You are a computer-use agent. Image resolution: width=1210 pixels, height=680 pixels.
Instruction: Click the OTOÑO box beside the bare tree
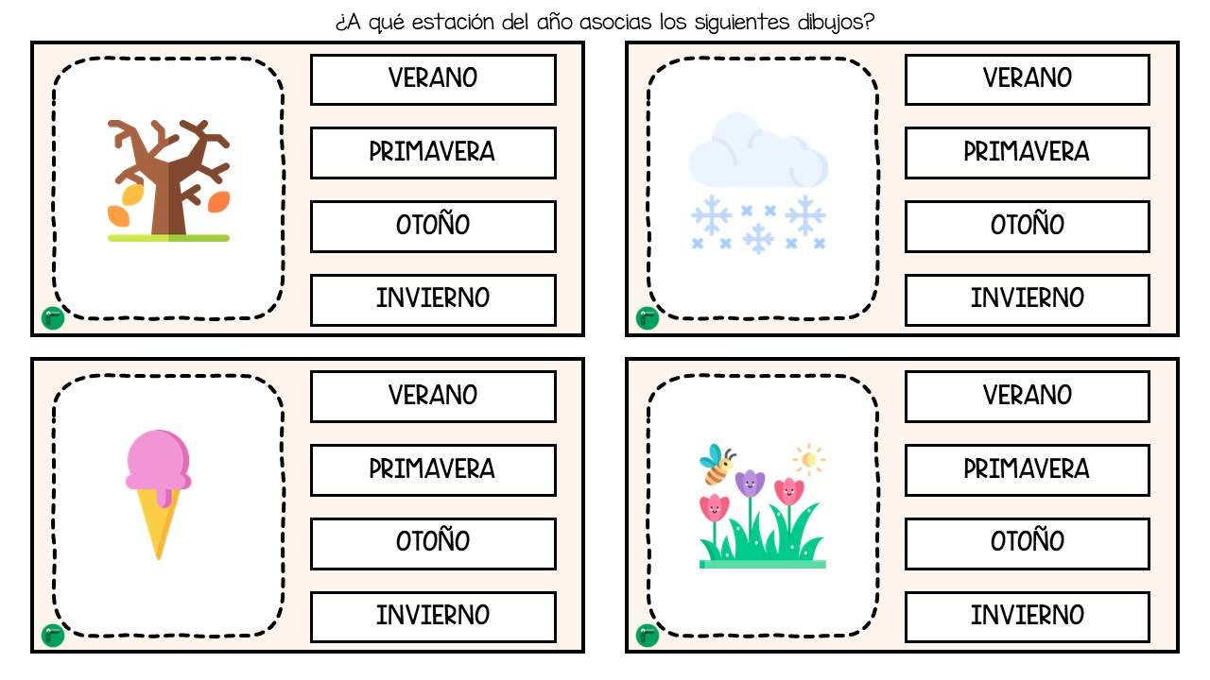pyautogui.click(x=433, y=226)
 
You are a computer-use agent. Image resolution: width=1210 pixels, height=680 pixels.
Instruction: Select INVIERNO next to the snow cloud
pyautogui.click(x=1028, y=299)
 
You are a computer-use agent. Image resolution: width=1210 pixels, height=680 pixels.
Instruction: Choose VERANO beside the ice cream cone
pyautogui.click(x=433, y=396)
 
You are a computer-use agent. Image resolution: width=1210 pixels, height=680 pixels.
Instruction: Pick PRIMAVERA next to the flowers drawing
pyautogui.click(x=1028, y=469)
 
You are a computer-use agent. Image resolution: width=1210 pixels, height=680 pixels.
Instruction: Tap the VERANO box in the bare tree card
pyautogui.click(x=433, y=79)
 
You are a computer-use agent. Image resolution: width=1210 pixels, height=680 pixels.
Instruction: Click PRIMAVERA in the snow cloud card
pyautogui.click(x=1028, y=153)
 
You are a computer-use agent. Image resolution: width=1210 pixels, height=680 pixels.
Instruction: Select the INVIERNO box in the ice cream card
pyautogui.click(x=433, y=617)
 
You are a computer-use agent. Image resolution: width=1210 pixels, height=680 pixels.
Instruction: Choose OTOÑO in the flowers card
pyautogui.click(x=1028, y=543)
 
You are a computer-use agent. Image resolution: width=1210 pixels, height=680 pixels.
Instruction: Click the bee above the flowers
pyautogui.click(x=717, y=464)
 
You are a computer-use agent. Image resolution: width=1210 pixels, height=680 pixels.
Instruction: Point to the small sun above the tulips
pyautogui.click(x=808, y=459)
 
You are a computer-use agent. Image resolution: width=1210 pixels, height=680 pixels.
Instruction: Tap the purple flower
pyautogui.click(x=751, y=483)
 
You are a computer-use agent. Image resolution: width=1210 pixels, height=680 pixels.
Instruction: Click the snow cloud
pyautogui.click(x=758, y=151)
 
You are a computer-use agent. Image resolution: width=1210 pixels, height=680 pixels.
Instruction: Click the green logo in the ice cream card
pyautogui.click(x=53, y=636)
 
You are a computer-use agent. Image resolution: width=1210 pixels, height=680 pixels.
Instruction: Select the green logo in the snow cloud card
pyautogui.click(x=648, y=318)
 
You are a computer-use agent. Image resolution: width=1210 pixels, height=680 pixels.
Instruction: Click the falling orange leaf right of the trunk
pyautogui.click(x=218, y=202)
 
